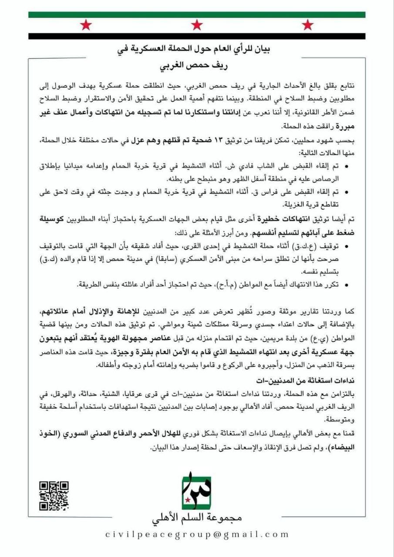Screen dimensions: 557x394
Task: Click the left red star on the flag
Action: pos(86,25)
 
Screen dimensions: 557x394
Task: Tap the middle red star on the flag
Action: pos(197,25)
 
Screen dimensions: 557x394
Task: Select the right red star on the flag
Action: pos(308,25)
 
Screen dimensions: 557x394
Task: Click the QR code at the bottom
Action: pos(54,495)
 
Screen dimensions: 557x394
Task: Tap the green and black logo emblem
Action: pos(196,493)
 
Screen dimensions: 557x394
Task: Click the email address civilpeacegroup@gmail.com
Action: pos(197,534)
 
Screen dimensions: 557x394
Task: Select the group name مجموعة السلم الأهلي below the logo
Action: pos(197,518)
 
